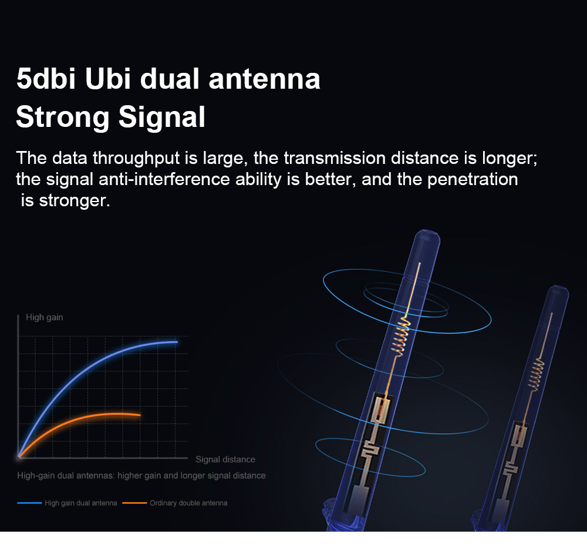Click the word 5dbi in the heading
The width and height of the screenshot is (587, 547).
point(46,79)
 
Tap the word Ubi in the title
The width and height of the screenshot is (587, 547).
point(108,79)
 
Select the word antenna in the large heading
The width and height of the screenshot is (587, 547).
point(264,79)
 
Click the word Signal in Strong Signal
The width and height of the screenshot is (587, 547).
point(162,118)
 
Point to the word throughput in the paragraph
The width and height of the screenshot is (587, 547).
point(136,158)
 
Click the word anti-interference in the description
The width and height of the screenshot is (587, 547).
point(164,179)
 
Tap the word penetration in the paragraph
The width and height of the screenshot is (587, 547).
point(473,179)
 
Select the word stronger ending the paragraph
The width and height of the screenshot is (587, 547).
point(75,201)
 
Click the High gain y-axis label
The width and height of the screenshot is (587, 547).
point(44,317)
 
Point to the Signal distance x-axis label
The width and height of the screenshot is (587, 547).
point(225,459)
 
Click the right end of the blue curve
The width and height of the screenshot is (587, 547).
point(177,342)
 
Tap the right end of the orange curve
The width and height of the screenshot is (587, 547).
point(140,415)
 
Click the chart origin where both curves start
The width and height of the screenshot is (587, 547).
point(19,457)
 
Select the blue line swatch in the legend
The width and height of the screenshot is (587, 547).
point(29,503)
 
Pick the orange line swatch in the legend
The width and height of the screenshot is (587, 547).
point(134,503)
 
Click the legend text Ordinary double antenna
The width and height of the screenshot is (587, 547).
point(188,503)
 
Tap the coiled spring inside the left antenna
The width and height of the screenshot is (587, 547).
point(400,335)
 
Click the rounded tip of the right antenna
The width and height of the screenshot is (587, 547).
point(559,291)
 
